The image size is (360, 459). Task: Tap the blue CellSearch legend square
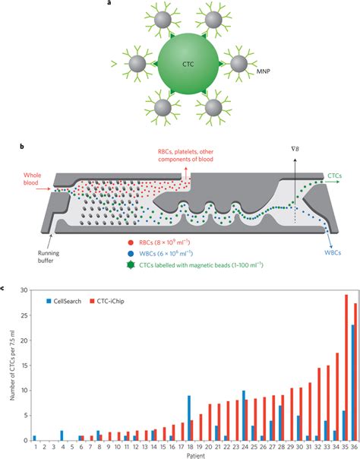point(48,302)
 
